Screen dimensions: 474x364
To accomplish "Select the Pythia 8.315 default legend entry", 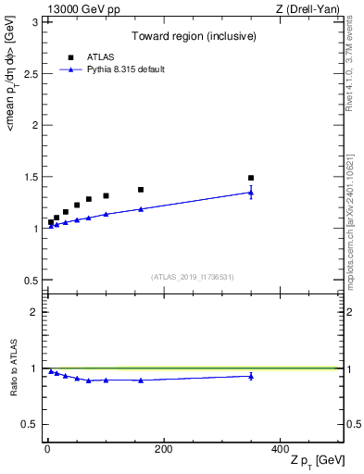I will coord(125,69).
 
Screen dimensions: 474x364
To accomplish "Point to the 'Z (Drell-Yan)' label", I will coord(312,8).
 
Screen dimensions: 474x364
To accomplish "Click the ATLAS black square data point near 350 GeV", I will coord(251,178).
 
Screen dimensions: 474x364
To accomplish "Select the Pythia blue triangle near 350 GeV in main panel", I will coord(251,192).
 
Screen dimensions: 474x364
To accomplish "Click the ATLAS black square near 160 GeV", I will coord(141,190).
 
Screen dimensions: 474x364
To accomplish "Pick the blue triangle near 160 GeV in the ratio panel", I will coord(141,380).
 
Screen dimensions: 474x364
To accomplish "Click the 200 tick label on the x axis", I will coord(163,449).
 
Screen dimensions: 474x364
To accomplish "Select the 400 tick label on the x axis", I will coord(280,449).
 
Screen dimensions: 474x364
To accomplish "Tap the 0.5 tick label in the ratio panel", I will coord(32,424).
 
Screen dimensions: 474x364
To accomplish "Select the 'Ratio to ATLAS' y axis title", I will coord(15,368).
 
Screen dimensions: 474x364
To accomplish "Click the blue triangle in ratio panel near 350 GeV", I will coord(251,375).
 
